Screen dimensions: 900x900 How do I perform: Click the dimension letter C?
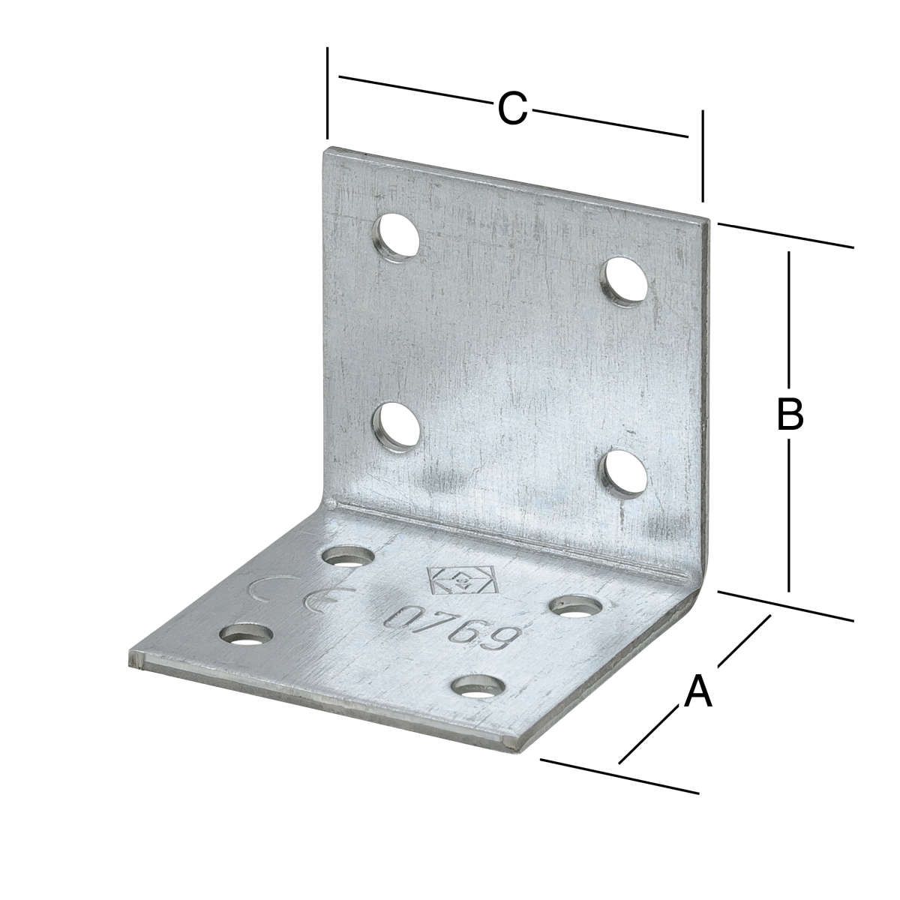(x=512, y=109)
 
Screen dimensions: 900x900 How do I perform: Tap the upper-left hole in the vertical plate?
(x=397, y=237)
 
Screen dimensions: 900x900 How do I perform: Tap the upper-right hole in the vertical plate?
(x=625, y=282)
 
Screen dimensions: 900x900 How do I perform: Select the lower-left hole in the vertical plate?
(x=396, y=427)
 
